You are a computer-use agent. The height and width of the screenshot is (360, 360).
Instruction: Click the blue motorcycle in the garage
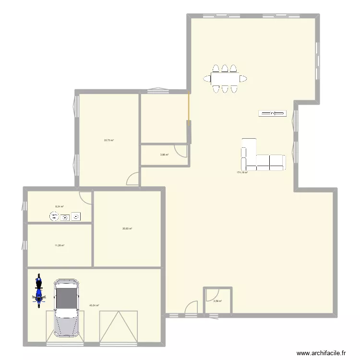pos(38,290)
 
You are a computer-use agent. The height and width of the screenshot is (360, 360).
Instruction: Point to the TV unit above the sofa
pos(272,113)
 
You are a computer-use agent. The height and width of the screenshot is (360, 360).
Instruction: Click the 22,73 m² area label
pos(108,140)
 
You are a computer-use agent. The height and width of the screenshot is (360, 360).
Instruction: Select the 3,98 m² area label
pos(164,155)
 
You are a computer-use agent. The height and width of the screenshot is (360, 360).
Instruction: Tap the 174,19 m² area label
pos(242,172)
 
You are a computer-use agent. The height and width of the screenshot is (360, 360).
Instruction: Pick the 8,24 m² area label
pos(60,206)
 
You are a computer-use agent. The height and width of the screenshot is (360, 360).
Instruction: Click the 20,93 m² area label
pos(127,228)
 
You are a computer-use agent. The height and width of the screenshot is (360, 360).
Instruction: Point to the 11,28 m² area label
pos(59,245)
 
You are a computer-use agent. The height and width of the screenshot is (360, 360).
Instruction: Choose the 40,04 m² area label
pos(94,305)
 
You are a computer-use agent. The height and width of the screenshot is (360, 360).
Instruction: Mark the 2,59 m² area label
pos(217,301)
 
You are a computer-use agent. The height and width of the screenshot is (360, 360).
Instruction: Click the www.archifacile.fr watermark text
pos(321,352)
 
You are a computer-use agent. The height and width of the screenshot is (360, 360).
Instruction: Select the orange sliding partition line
pos(189,109)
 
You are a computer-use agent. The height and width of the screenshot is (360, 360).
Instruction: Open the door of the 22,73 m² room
pos(132,180)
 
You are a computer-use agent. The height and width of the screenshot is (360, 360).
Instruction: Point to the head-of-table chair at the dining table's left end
pos(207,78)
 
